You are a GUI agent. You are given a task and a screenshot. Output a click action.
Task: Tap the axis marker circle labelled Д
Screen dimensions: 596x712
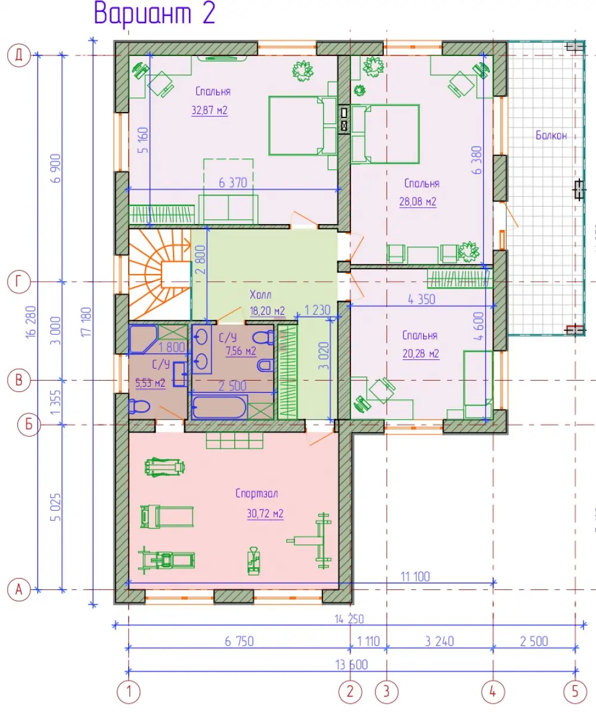(18, 55)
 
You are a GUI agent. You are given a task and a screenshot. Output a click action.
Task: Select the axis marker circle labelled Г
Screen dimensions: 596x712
(18, 282)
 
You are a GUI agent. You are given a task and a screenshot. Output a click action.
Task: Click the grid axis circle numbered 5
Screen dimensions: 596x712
(575, 691)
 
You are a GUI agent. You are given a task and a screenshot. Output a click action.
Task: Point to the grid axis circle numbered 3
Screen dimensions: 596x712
(386, 691)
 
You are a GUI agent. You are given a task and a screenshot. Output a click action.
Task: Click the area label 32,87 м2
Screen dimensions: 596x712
(209, 110)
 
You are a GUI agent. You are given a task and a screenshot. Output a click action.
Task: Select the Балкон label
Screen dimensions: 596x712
(551, 135)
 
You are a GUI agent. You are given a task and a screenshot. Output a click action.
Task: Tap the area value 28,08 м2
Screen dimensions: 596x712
(418, 201)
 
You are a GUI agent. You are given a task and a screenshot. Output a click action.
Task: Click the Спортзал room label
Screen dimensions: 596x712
(257, 493)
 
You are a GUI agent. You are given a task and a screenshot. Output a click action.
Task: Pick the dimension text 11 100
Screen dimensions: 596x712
(415, 577)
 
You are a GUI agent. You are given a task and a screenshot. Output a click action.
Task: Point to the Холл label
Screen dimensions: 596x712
(260, 295)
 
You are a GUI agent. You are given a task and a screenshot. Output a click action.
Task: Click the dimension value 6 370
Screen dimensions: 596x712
(233, 182)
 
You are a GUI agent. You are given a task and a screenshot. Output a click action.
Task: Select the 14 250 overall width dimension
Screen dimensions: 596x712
(349, 619)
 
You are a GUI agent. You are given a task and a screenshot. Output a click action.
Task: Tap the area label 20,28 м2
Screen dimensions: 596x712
(421, 353)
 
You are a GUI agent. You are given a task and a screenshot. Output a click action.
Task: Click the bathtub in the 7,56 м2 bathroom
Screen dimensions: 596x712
(219, 407)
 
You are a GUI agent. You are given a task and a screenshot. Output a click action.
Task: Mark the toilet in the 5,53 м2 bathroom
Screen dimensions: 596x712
(139, 406)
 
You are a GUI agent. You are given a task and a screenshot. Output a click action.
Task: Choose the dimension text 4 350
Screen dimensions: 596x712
(421, 299)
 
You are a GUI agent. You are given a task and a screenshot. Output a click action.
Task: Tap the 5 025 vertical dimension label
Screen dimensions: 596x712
(55, 507)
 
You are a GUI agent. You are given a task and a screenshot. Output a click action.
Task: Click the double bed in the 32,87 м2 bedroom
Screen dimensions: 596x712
(303, 126)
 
